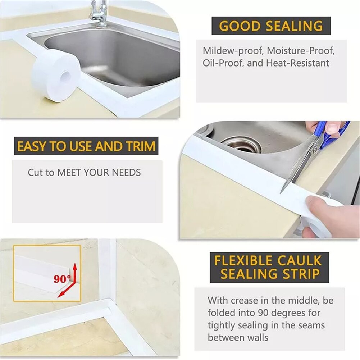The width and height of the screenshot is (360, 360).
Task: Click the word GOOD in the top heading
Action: (x=240, y=26)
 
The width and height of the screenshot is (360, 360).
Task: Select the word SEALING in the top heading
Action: (x=293, y=26)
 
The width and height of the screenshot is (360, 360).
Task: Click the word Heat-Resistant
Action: (x=298, y=63)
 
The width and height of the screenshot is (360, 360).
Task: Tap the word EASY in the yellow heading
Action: (x=29, y=146)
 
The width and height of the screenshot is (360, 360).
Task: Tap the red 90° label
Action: (x=62, y=279)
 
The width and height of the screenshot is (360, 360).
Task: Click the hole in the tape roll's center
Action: (x=66, y=76)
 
